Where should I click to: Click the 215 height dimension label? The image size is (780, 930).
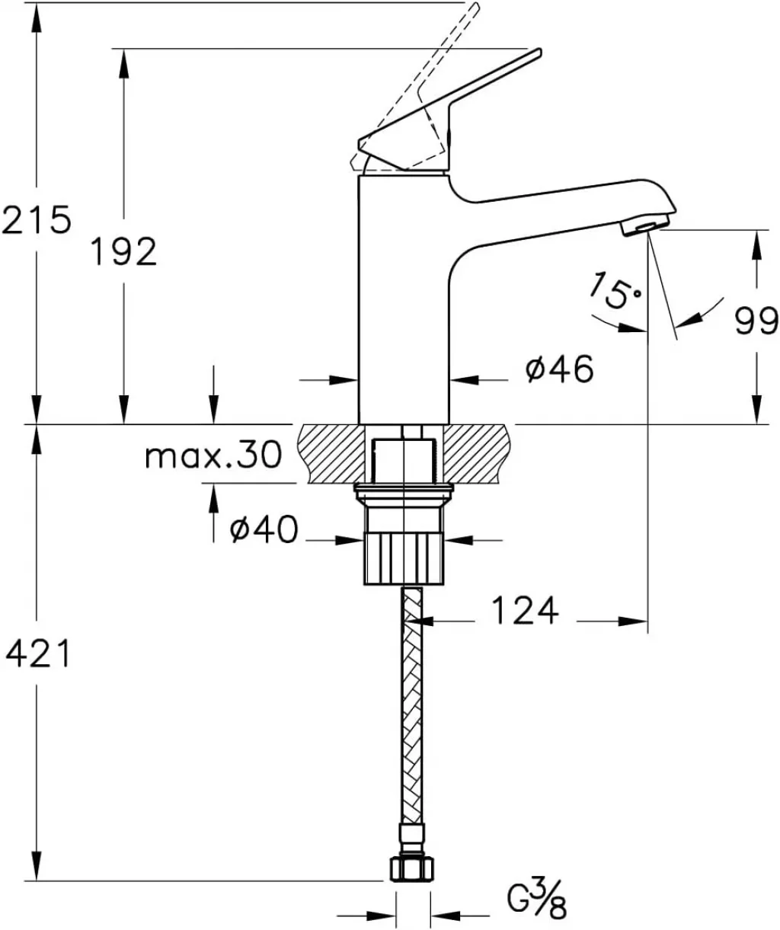[37, 219]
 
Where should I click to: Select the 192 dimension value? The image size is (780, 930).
[124, 251]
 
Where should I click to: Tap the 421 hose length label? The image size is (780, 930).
[37, 653]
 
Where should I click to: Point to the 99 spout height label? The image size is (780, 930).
[756, 321]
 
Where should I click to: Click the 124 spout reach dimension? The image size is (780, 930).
[525, 611]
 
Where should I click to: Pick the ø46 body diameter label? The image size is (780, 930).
[560, 368]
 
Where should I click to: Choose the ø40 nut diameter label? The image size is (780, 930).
[264, 529]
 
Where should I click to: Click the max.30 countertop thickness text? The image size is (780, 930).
[214, 454]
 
